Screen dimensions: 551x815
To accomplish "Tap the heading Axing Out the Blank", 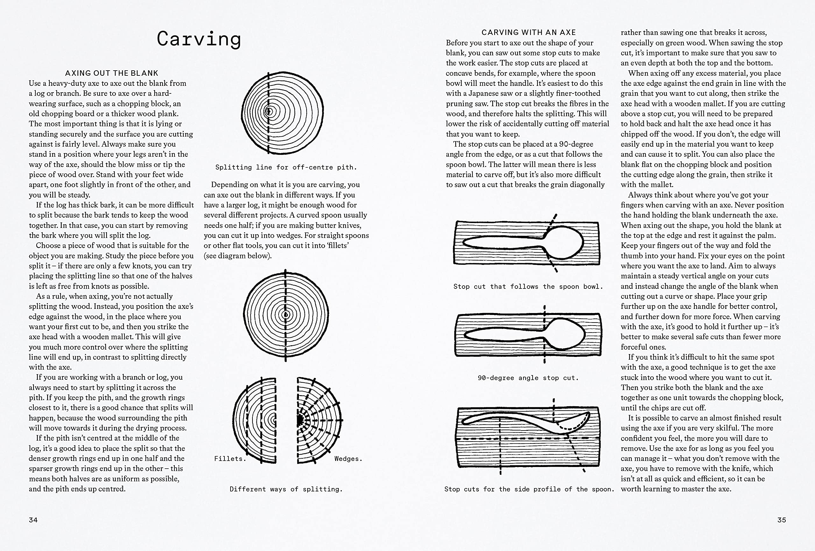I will [111, 73].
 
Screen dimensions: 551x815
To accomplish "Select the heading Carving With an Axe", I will [528, 32].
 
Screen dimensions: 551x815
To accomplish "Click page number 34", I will [33, 520].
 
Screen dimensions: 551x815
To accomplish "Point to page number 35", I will [782, 520].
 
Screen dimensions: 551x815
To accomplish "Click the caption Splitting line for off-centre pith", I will [286, 167].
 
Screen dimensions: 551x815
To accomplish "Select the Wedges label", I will [348, 458].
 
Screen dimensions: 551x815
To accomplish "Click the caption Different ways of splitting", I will [286, 489].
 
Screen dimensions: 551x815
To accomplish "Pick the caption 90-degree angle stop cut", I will [528, 378].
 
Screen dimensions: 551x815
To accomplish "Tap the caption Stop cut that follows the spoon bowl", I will [528, 286].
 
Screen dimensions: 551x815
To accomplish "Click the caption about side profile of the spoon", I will [529, 489].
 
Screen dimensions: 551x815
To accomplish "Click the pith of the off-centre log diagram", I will [269, 112].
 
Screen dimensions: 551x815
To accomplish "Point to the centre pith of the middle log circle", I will [286, 315].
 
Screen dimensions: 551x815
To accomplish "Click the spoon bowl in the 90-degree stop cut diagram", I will [564, 334].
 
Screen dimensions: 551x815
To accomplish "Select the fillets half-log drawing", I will [255, 420].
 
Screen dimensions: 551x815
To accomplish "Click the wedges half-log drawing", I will [317, 420].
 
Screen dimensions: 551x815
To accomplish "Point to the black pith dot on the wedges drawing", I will [300, 420].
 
